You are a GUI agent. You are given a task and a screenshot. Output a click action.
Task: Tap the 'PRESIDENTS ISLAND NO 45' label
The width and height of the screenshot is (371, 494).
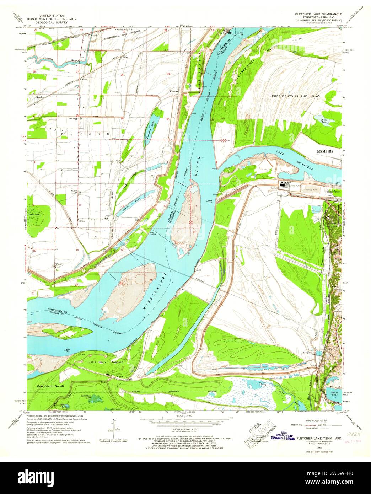[301, 96]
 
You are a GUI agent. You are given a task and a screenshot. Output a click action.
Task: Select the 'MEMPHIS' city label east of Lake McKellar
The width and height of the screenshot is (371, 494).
[326, 151]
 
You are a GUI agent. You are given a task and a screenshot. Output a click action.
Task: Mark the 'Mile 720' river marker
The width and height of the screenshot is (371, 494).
[67, 350]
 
